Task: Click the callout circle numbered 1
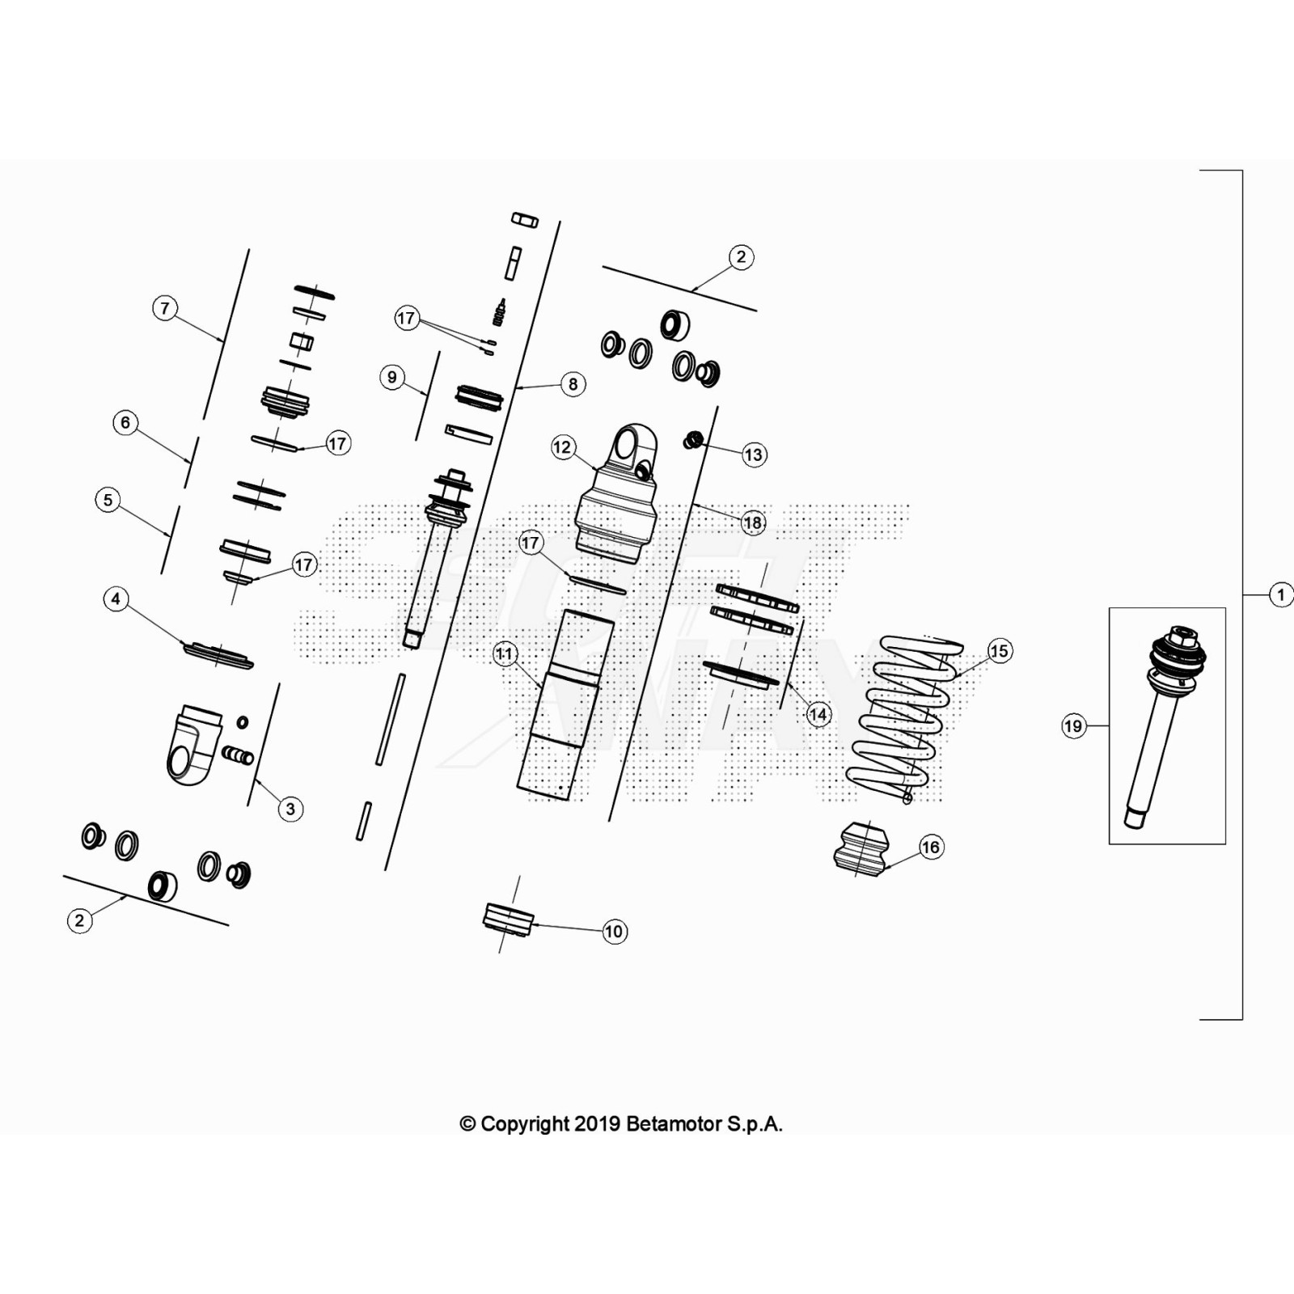coord(1280,595)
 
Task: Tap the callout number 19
coord(1073,726)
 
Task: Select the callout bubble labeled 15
coord(1000,651)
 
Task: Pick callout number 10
coord(615,932)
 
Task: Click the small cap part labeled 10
coord(508,920)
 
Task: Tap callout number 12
coord(562,447)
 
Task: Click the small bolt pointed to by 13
coord(692,441)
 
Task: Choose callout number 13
coord(753,455)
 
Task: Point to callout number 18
coord(753,522)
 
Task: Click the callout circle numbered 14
coord(818,714)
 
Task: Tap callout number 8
coord(573,384)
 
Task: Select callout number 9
coord(392,377)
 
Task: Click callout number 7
coord(165,308)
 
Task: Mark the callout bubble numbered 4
coord(116,599)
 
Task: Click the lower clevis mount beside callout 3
coord(194,744)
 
